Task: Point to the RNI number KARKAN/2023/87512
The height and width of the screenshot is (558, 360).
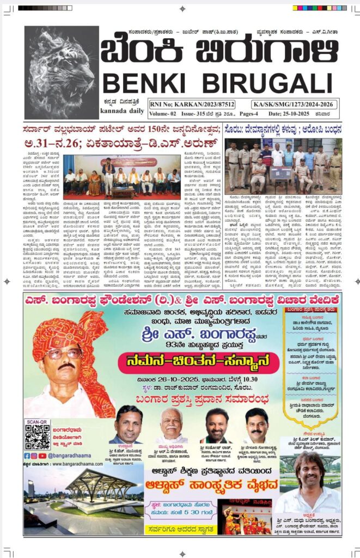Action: point(188,103)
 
